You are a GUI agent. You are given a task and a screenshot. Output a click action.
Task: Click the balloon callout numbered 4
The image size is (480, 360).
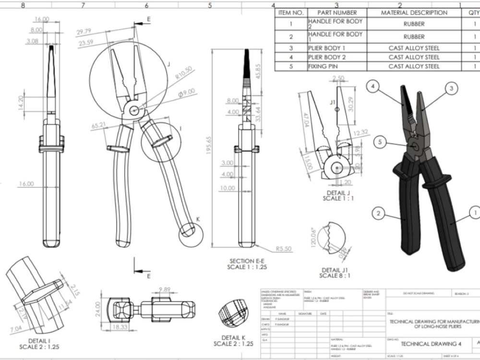pyautogui.click(x=374, y=87)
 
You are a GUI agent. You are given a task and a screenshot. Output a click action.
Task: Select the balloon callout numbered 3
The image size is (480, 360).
pyautogui.click(x=451, y=88)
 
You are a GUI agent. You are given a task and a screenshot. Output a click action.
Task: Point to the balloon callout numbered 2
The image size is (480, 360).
pyautogui.click(x=379, y=213)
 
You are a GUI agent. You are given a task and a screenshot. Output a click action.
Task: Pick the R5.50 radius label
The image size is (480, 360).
pyautogui.click(x=284, y=249)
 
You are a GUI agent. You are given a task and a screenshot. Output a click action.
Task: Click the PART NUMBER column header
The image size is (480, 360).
pyautogui.click(x=337, y=13)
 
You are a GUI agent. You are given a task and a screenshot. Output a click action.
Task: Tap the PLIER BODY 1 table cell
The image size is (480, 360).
pyautogui.click(x=326, y=48)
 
